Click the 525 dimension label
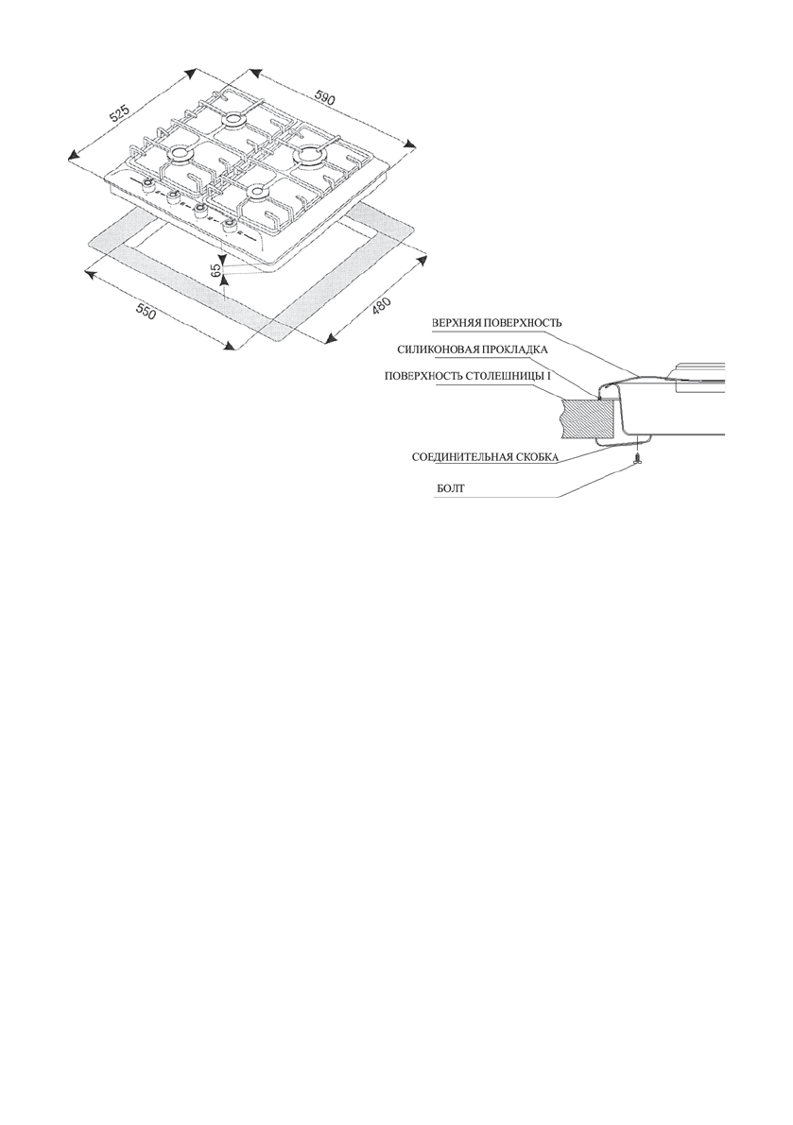(x=119, y=114)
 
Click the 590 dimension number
(x=326, y=98)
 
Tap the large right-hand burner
(x=310, y=155)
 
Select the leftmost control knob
(x=149, y=185)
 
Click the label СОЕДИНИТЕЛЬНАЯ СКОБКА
(x=485, y=458)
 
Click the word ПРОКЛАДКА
(x=515, y=349)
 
